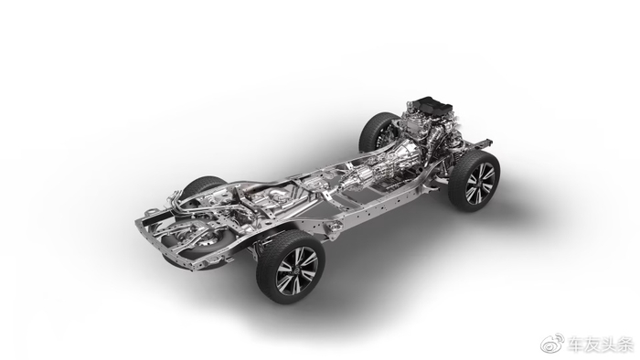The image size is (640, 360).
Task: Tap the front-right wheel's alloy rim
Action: (480, 183)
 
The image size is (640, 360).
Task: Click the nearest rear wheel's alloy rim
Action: (297, 270)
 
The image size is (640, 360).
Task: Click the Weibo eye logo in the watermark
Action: (552, 344)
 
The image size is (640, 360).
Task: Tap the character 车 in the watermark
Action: (575, 344)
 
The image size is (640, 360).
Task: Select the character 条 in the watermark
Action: (624, 344)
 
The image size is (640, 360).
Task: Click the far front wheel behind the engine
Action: (377, 132)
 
